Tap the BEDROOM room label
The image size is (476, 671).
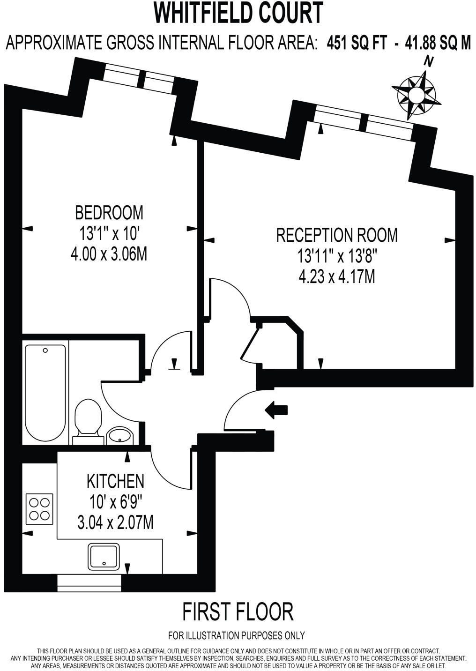[109, 213]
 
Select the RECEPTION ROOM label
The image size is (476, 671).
[337, 235]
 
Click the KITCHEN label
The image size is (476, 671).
[115, 481]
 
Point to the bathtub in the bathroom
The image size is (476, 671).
[45, 393]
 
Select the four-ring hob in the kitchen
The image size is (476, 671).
[40, 509]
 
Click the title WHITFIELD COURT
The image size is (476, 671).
[238, 13]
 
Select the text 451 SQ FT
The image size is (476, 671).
[357, 43]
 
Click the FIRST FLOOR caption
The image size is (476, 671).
[238, 611]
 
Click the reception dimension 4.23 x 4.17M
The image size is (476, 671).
[337, 276]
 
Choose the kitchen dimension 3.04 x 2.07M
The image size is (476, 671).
[115, 522]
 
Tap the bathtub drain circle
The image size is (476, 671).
[45, 350]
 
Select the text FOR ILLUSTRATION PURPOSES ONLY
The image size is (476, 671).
[237, 635]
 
